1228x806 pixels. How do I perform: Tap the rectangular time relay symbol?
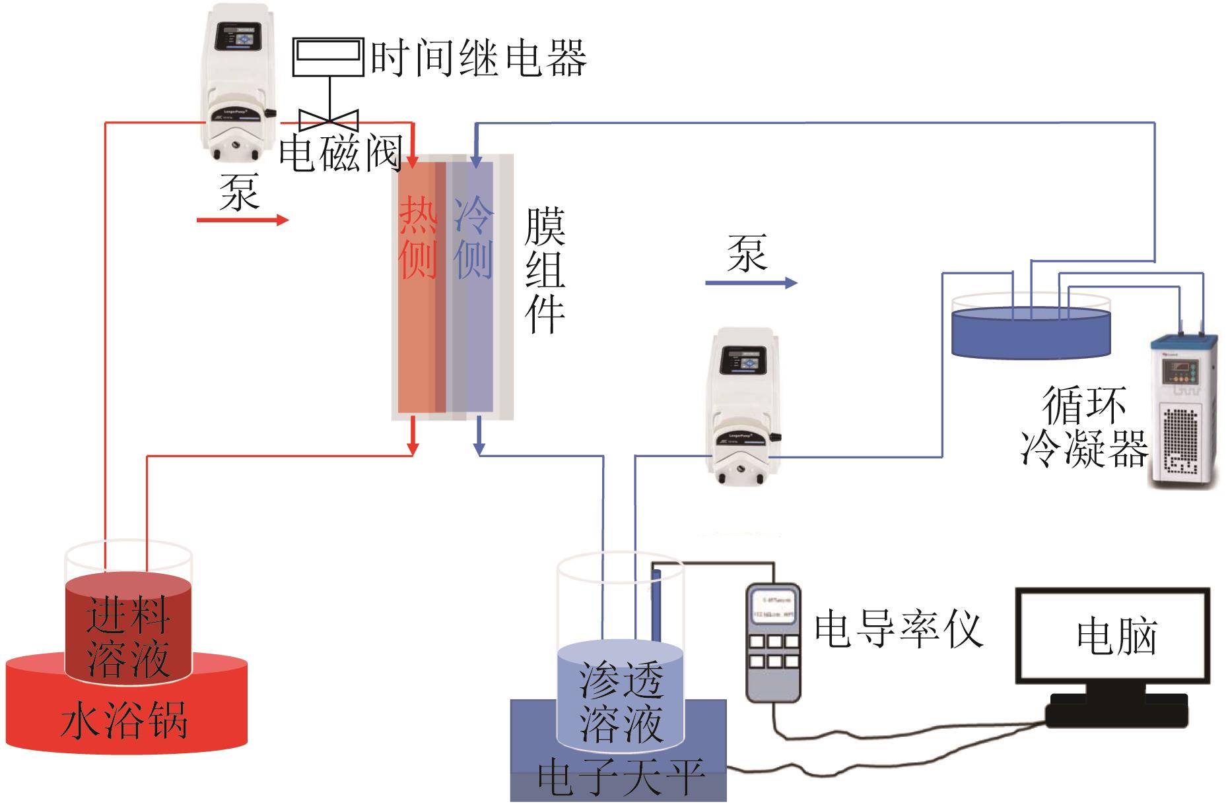point(328,57)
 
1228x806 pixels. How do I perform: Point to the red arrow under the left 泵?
point(242,220)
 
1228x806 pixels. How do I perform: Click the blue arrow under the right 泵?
point(751,283)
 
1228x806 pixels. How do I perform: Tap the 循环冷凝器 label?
point(1084,427)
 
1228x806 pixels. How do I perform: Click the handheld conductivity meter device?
point(772,641)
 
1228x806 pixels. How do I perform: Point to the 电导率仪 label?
point(899,629)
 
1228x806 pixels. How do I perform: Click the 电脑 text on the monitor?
point(1116,636)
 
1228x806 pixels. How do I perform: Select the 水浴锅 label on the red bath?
point(124,720)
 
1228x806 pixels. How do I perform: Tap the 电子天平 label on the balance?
point(621,777)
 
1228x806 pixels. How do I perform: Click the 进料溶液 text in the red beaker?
point(128,636)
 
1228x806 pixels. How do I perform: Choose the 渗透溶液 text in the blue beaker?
point(621,702)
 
